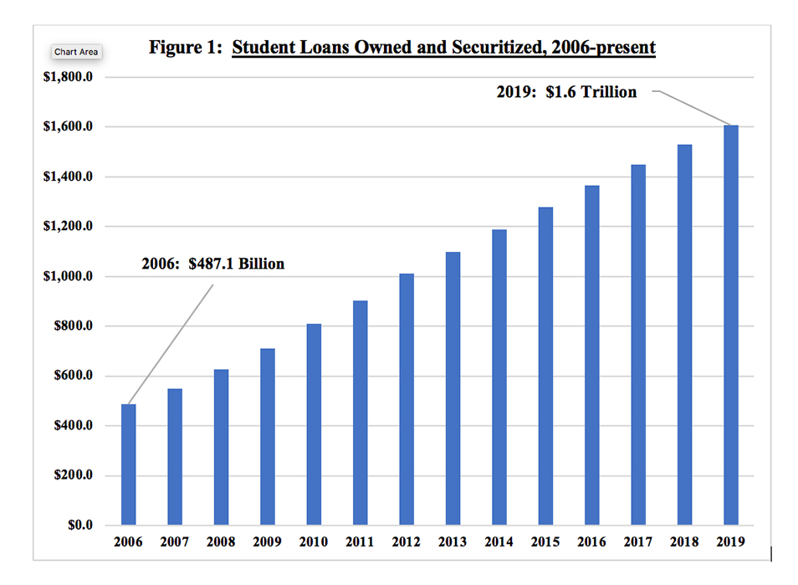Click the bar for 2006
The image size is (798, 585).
129,464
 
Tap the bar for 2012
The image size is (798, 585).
407,399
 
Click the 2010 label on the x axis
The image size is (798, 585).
314,542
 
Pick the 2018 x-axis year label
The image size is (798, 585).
684,542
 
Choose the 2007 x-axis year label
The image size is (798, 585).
175,542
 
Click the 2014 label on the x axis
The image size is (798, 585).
499,542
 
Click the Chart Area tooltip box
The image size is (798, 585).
76,52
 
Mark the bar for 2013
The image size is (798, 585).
453,388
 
